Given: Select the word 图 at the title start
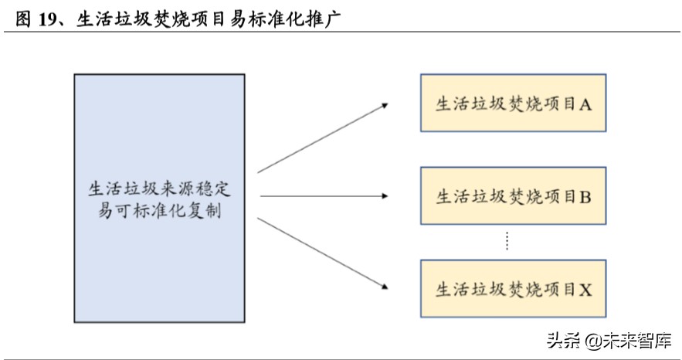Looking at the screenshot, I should [x=22, y=19].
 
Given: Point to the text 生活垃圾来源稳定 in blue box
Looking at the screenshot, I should [x=160, y=188].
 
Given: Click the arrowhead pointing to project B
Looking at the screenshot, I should [x=383, y=196].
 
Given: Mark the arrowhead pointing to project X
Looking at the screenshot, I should [x=383, y=287].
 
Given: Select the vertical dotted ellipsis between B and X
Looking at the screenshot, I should [x=507, y=241].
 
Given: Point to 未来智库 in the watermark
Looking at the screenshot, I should [x=633, y=340].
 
